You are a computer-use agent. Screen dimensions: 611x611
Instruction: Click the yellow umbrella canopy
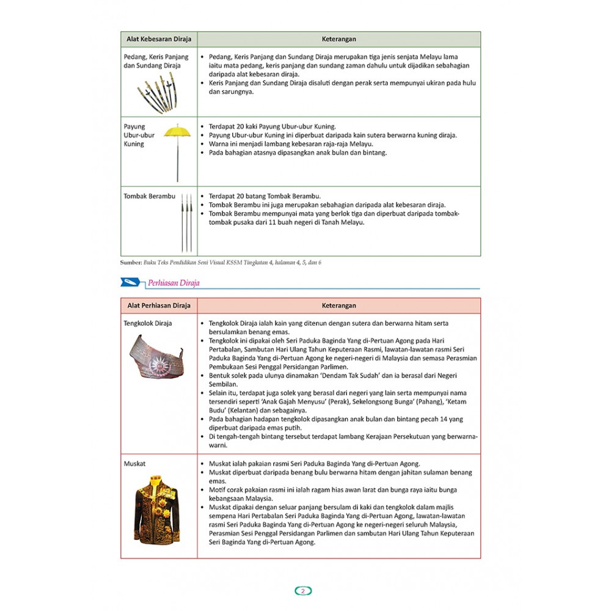click(x=178, y=131)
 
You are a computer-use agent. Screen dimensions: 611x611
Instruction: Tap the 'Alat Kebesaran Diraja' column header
click(x=158, y=39)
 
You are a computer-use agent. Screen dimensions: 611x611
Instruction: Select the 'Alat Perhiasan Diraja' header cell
click(x=158, y=305)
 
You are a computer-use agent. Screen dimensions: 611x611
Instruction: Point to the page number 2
click(x=304, y=591)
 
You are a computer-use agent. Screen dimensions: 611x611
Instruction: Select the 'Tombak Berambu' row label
click(x=149, y=196)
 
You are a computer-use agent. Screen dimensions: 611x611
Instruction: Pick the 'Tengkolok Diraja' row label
click(x=147, y=323)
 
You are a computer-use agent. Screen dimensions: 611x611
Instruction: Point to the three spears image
click(x=186, y=223)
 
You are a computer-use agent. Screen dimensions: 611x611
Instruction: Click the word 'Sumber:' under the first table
click(x=131, y=262)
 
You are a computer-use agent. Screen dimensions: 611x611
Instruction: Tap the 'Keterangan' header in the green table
click(x=339, y=39)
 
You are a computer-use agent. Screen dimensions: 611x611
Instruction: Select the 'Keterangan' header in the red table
click(x=339, y=305)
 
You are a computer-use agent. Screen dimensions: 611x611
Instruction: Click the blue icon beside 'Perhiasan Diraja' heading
click(x=131, y=282)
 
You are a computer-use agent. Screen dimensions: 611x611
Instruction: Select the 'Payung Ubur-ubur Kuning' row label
click(x=139, y=135)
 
